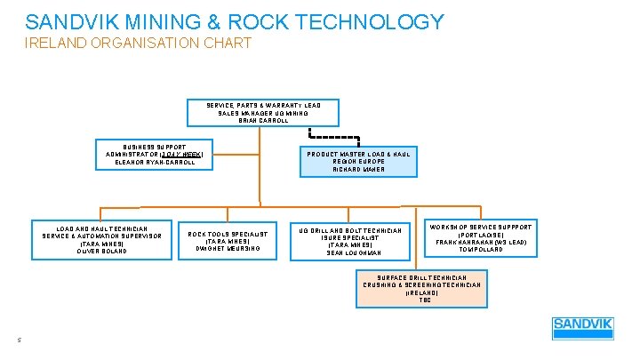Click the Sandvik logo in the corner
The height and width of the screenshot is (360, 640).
[x=582, y=329]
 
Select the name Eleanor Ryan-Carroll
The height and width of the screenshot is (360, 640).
[x=155, y=163]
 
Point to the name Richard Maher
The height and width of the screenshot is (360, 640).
[x=359, y=169]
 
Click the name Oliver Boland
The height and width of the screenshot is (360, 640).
[x=103, y=252]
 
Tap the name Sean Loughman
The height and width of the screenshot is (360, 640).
[x=354, y=253]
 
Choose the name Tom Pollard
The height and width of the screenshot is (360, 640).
[x=482, y=250]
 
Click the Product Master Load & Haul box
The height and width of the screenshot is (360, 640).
[x=359, y=161]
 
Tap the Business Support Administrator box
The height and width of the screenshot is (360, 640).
[x=155, y=154]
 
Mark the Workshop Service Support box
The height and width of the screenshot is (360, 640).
[x=482, y=238]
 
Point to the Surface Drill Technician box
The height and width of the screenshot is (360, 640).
[x=423, y=288]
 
